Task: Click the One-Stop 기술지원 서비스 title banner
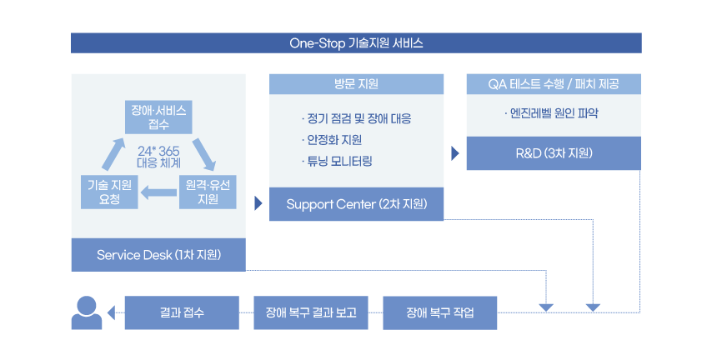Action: [x=356, y=43]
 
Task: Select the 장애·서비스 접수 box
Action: [x=158, y=117]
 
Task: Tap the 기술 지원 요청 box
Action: [x=109, y=192]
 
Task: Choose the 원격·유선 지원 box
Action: [x=208, y=192]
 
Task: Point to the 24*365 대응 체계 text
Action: [x=158, y=157]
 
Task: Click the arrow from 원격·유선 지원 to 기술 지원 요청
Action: [x=158, y=192]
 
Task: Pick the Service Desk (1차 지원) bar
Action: [x=158, y=255]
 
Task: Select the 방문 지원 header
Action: [x=357, y=84]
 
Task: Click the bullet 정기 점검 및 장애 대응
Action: [x=357, y=119]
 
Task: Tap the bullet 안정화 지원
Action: [x=332, y=140]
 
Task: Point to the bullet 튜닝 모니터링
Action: [x=337, y=161]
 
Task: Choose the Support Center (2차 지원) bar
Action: [x=357, y=204]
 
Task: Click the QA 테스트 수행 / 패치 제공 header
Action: [x=554, y=84]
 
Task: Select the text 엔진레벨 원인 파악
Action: [x=551, y=113]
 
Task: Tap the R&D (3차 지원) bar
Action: [x=554, y=153]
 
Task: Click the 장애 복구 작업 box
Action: [x=440, y=312]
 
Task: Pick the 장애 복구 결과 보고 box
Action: [x=311, y=312]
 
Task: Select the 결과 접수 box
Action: [x=182, y=312]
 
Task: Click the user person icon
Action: [x=86, y=312]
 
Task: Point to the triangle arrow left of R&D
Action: [x=455, y=153]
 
